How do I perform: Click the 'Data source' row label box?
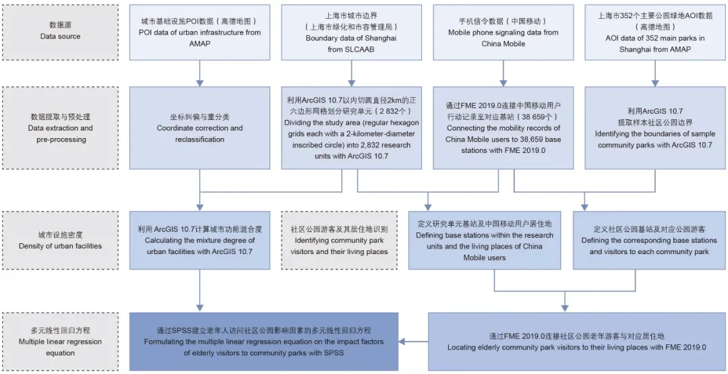[60, 31]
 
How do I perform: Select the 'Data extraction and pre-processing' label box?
[60, 127]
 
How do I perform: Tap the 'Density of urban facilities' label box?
[60, 241]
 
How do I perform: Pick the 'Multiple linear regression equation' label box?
[60, 341]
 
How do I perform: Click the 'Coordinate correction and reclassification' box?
[200, 127]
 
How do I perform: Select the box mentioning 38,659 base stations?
[503, 127]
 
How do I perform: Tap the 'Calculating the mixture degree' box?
[200, 241]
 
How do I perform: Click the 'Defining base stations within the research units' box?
[484, 241]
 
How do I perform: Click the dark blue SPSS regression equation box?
[264, 341]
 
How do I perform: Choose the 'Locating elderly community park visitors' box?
[576, 341]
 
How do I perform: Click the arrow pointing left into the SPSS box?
[413, 342]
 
